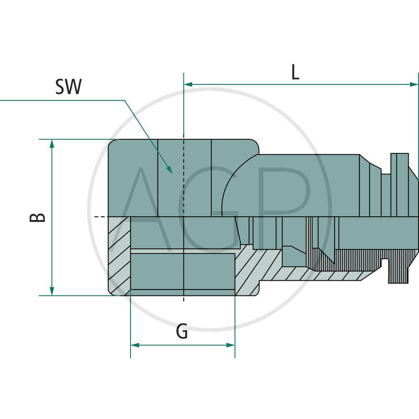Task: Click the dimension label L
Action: (x=295, y=72)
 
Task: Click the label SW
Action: (x=69, y=87)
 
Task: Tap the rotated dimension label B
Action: (x=37, y=217)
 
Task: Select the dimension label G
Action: (x=182, y=332)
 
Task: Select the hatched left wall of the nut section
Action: (x=119, y=257)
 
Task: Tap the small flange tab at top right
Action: (x=400, y=162)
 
